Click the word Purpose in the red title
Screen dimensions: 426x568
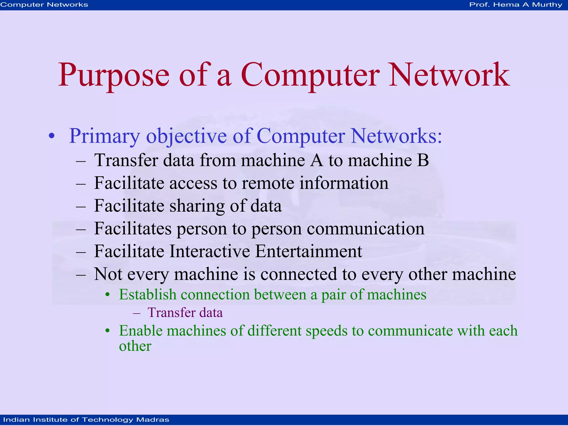[114, 76]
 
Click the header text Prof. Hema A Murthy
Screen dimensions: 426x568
[516, 5]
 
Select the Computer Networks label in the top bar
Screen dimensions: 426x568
[44, 5]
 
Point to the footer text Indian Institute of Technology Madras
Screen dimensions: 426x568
[86, 420]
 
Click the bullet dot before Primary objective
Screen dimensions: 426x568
[52, 136]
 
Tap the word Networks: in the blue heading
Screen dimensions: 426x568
[396, 136]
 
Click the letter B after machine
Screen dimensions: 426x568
[422, 161]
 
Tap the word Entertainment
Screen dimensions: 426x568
[308, 252]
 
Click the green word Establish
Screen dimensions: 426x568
[148, 295]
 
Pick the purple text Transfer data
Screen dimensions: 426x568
[185, 313]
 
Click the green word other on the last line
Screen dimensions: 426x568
[135, 346]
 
